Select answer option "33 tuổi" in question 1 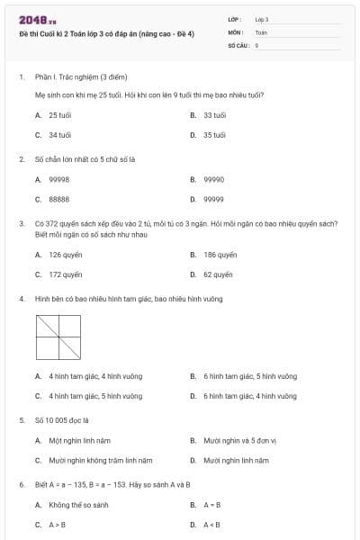tap(214, 115)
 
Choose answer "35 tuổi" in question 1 tap(214, 134)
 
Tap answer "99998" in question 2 tap(59, 179)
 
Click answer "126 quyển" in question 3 tap(65, 255)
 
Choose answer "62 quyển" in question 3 tap(218, 274)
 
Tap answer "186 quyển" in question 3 tap(220, 255)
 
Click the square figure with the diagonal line tap(59, 337)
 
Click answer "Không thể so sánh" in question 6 tap(77, 505)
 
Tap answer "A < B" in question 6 tap(211, 524)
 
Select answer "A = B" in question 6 tap(211, 505)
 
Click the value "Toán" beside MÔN tap(261, 31)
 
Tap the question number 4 tap(21, 298)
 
